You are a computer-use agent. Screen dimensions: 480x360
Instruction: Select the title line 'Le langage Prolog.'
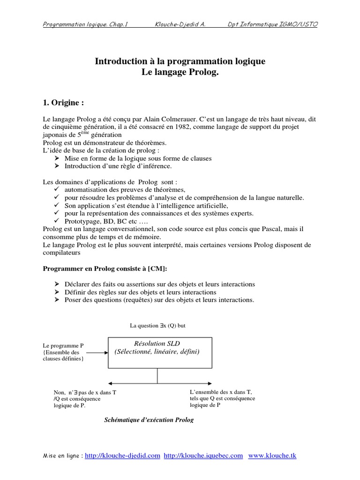click(180, 73)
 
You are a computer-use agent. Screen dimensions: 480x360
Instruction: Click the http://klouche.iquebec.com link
click(203, 455)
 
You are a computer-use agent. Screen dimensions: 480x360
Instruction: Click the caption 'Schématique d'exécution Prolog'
click(148, 420)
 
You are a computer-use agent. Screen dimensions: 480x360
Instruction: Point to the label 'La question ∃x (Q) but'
click(158, 325)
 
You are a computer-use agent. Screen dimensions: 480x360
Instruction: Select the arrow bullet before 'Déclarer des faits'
click(57, 285)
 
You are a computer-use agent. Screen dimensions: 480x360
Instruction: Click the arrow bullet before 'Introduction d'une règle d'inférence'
click(57, 166)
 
